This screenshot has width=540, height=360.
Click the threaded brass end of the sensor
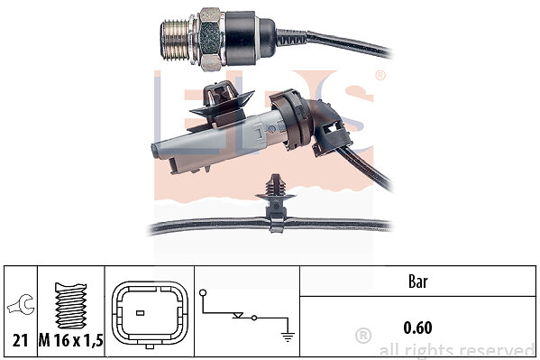tap(176, 41)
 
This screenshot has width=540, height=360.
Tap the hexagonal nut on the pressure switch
tap(209, 39)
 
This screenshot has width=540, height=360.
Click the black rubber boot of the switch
tap(250, 38)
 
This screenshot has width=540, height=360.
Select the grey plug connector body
tap(214, 142)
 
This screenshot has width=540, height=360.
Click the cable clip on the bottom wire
tap(275, 203)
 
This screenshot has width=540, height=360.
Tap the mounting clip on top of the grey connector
tap(221, 104)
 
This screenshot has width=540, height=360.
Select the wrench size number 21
tap(20, 341)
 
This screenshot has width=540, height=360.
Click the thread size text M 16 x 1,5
tap(70, 341)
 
